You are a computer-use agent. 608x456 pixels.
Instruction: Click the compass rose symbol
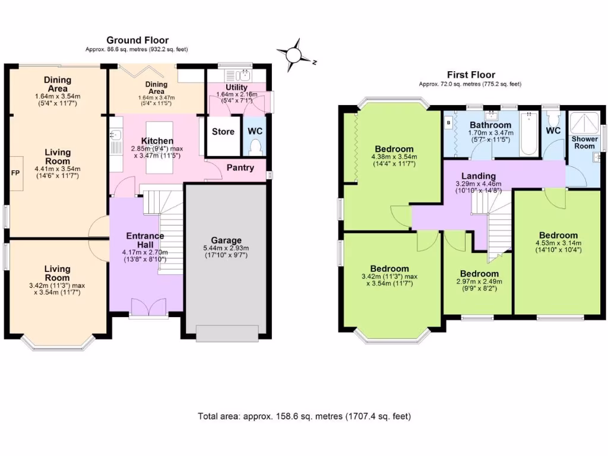click(294, 55)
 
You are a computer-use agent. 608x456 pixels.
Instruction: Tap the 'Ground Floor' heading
click(129, 40)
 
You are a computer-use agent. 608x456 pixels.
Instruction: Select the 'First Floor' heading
click(470, 75)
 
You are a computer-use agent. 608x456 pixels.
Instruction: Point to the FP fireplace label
click(15, 173)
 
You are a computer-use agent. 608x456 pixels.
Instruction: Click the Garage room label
click(226, 240)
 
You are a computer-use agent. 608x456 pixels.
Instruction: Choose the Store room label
click(223, 131)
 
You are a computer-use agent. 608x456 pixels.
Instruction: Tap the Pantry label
click(240, 167)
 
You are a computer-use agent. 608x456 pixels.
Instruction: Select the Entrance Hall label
click(145, 240)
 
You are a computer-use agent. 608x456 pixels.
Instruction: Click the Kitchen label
click(157, 141)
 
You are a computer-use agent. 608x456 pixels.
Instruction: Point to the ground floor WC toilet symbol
click(255, 146)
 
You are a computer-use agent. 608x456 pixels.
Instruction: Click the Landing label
click(479, 176)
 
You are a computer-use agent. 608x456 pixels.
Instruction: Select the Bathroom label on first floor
click(490, 125)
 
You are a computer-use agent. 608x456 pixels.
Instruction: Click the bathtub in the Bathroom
click(528, 136)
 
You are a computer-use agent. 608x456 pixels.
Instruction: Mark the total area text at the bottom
click(304, 416)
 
